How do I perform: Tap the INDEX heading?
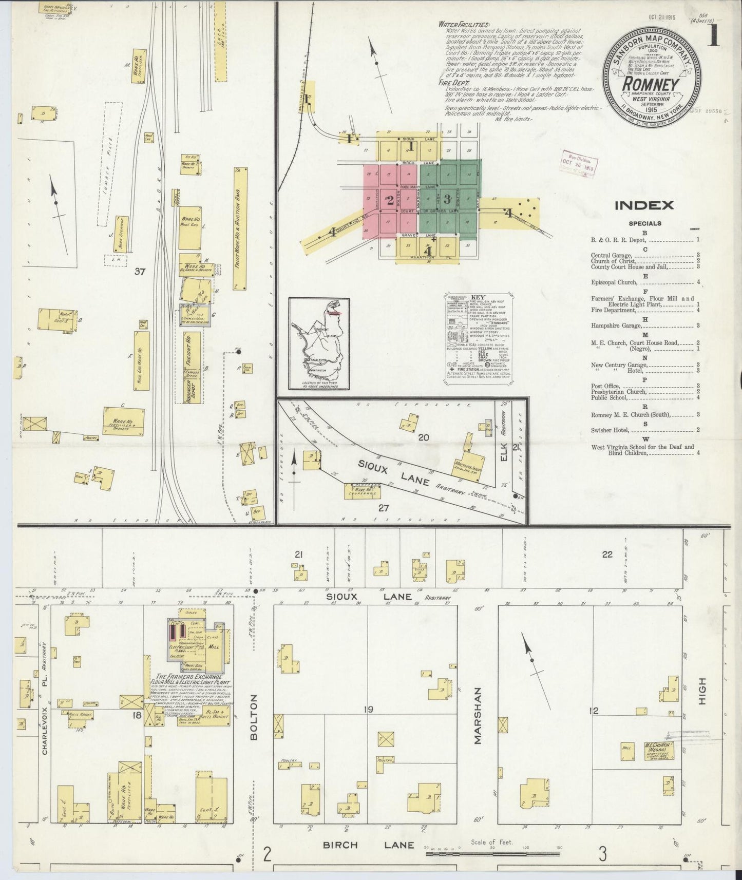644,205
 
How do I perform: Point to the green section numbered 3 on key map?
447,198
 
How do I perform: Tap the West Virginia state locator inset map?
319,343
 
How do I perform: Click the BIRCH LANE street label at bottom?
368,845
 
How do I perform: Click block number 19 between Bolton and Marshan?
368,710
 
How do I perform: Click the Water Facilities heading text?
464,24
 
